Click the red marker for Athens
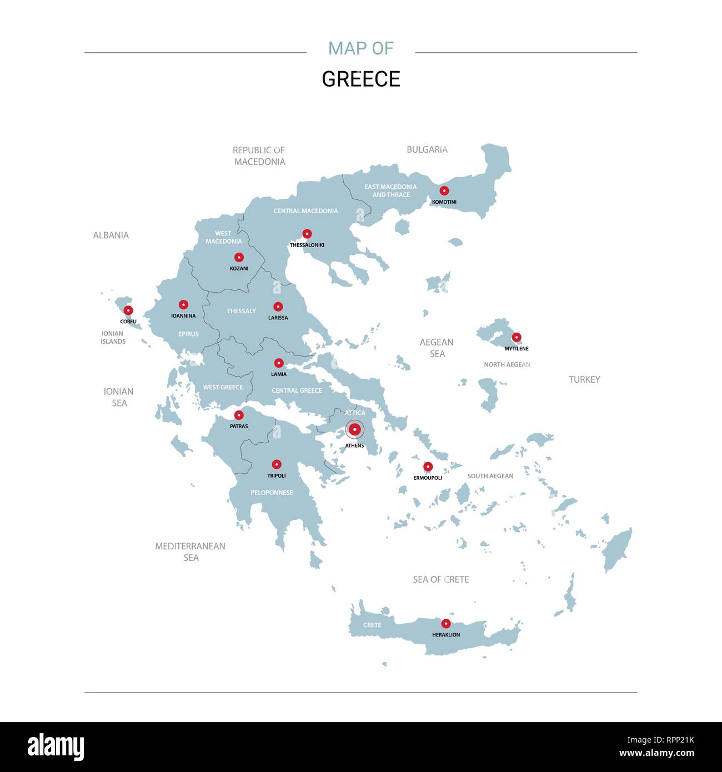[x=354, y=429]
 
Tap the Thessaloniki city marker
[x=307, y=234]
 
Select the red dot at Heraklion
[x=445, y=623]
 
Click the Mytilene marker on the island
[x=517, y=337]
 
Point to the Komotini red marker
[x=444, y=191]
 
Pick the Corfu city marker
[x=128, y=310]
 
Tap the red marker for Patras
[x=239, y=415]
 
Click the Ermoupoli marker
[x=428, y=467]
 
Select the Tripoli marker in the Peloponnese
[x=277, y=464]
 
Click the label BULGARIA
[x=427, y=149]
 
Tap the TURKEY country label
[x=584, y=379]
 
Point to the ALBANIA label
[x=111, y=235]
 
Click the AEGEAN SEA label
[x=437, y=348]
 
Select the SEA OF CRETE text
[x=441, y=579]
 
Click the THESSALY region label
[x=241, y=311]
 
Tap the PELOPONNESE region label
[x=272, y=493]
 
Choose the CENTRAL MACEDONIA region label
[x=305, y=211]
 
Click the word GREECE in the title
[x=361, y=79]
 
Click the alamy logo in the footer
[x=56, y=747]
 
